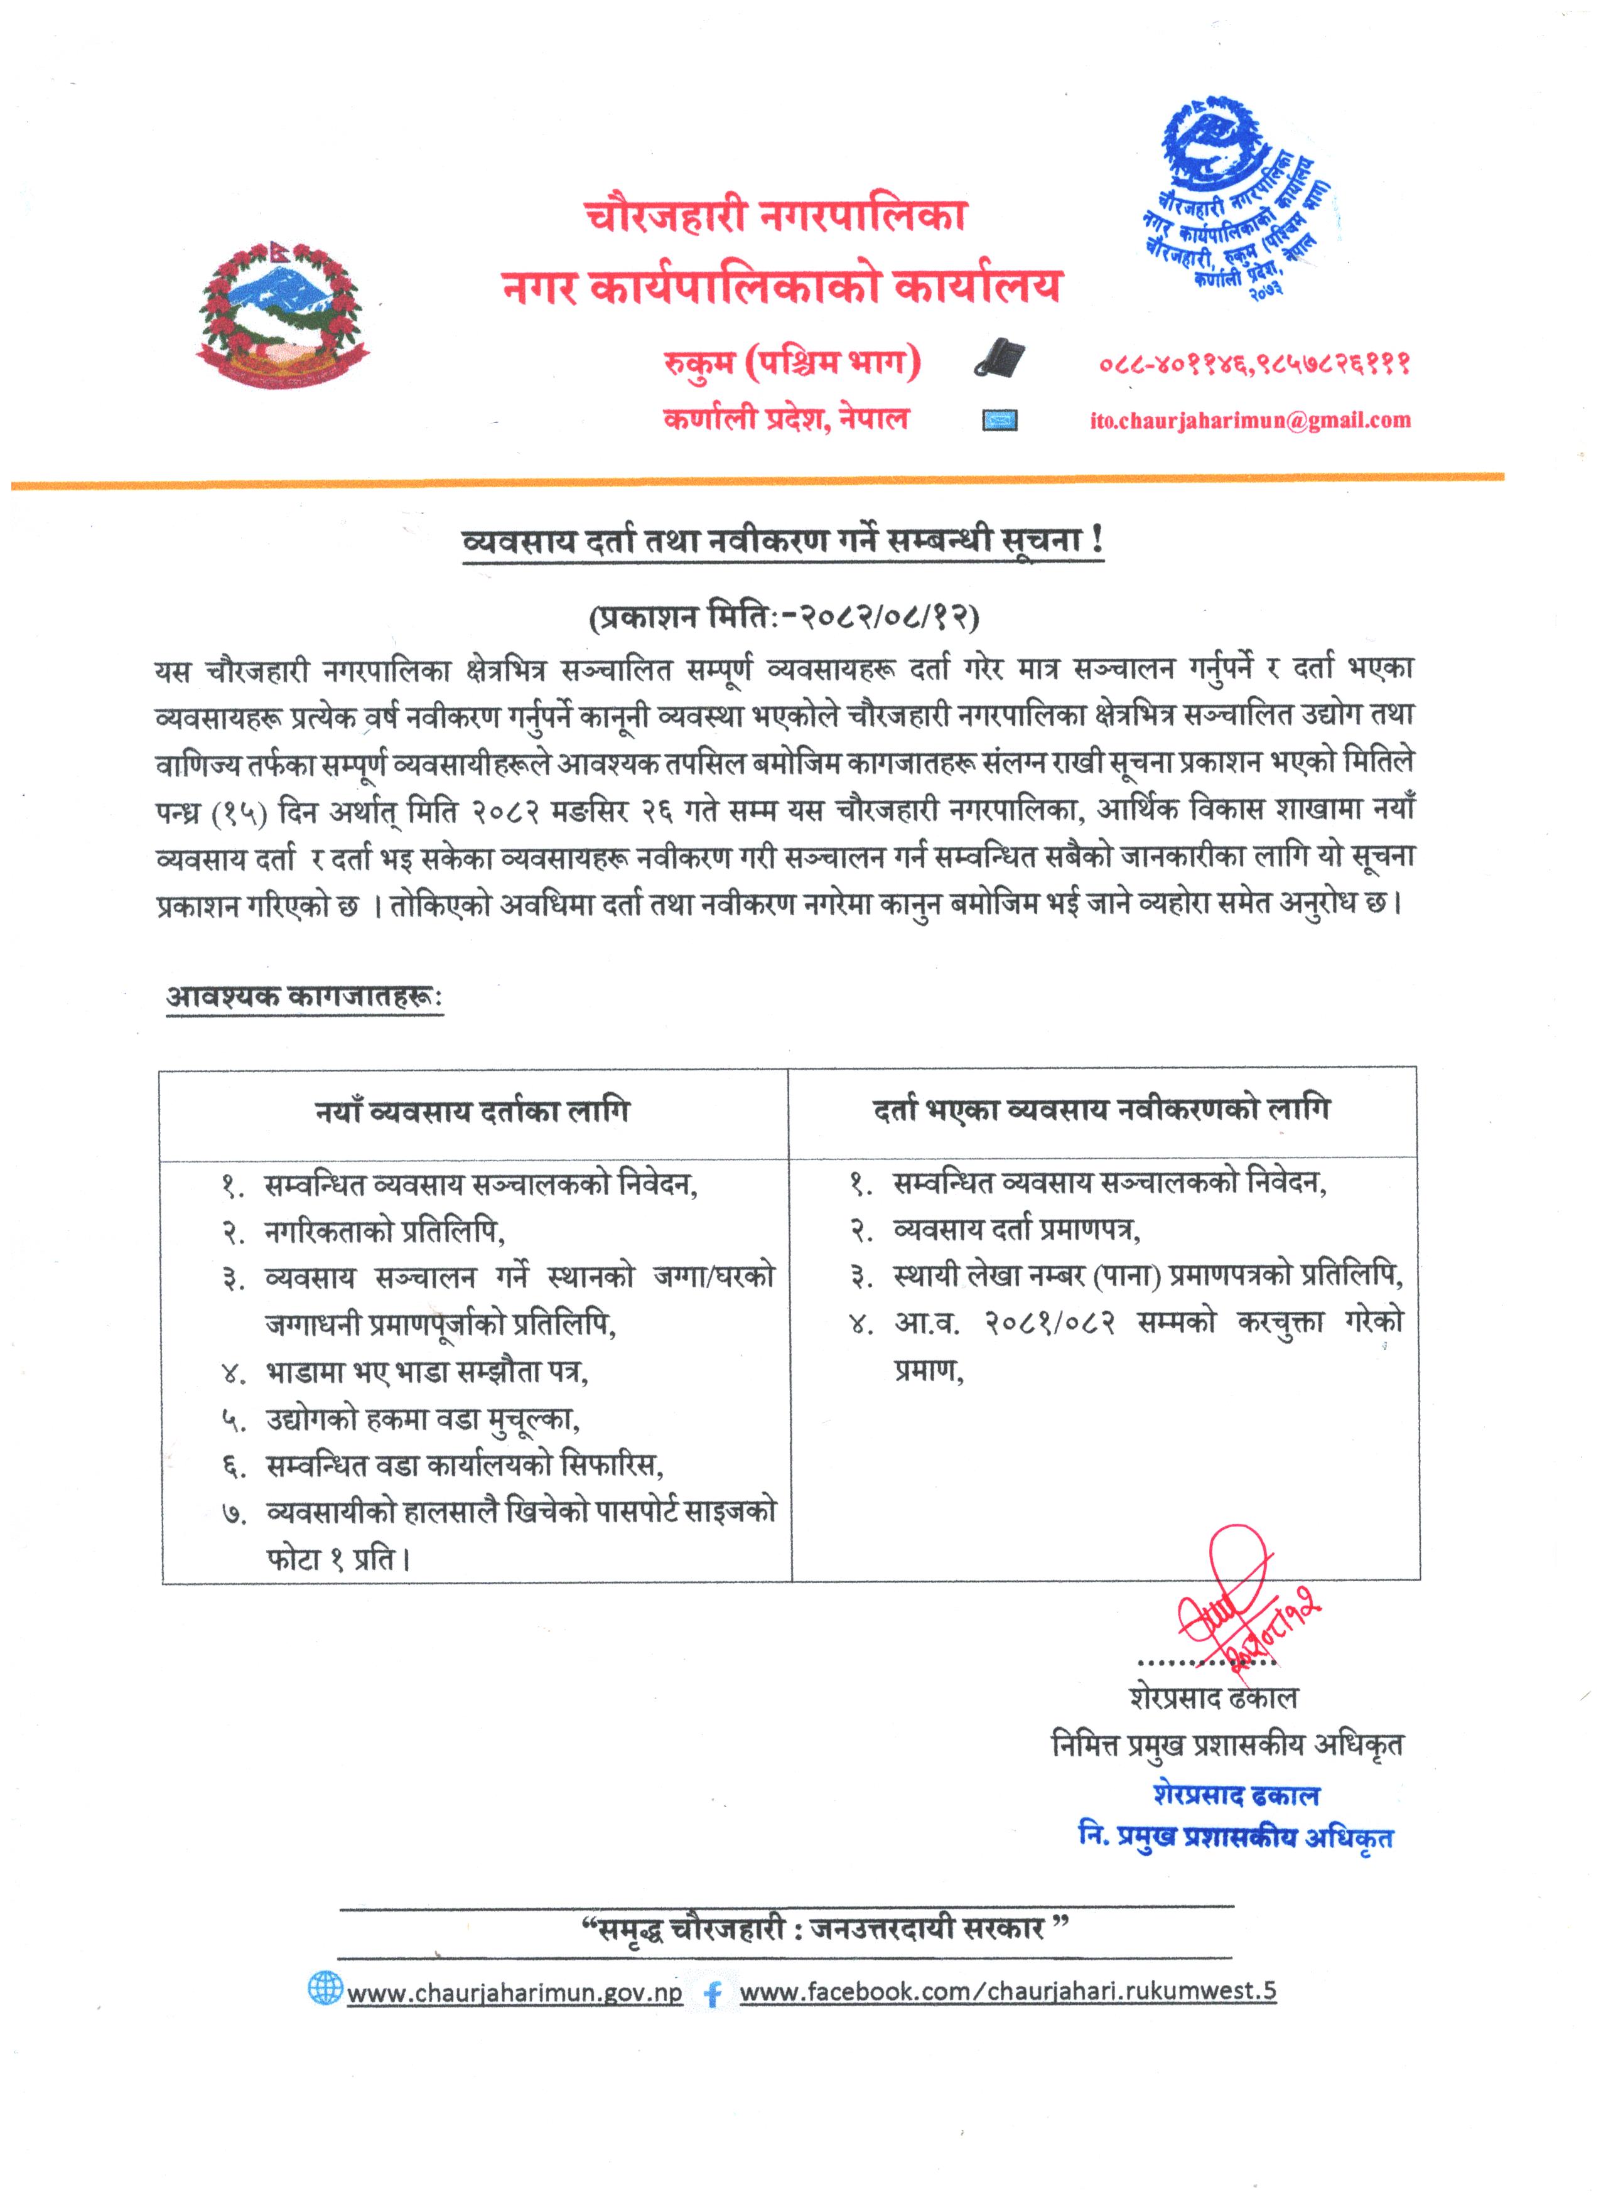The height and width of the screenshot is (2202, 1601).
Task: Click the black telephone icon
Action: (1000, 358)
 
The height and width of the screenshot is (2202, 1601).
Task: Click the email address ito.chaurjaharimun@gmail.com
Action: (1249, 421)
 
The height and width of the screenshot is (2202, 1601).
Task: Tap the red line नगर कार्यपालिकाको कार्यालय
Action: (782, 286)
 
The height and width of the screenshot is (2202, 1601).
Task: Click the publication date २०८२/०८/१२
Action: (784, 616)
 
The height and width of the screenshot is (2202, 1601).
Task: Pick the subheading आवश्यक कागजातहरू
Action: (304, 996)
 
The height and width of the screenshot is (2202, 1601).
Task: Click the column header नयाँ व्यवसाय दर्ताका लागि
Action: (473, 1110)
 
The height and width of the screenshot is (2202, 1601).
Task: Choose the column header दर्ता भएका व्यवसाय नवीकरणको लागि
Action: (1102, 1108)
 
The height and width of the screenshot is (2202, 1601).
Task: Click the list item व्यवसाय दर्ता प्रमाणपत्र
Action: (1016, 1229)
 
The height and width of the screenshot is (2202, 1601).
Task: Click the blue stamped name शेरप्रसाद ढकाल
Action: (1236, 1795)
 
